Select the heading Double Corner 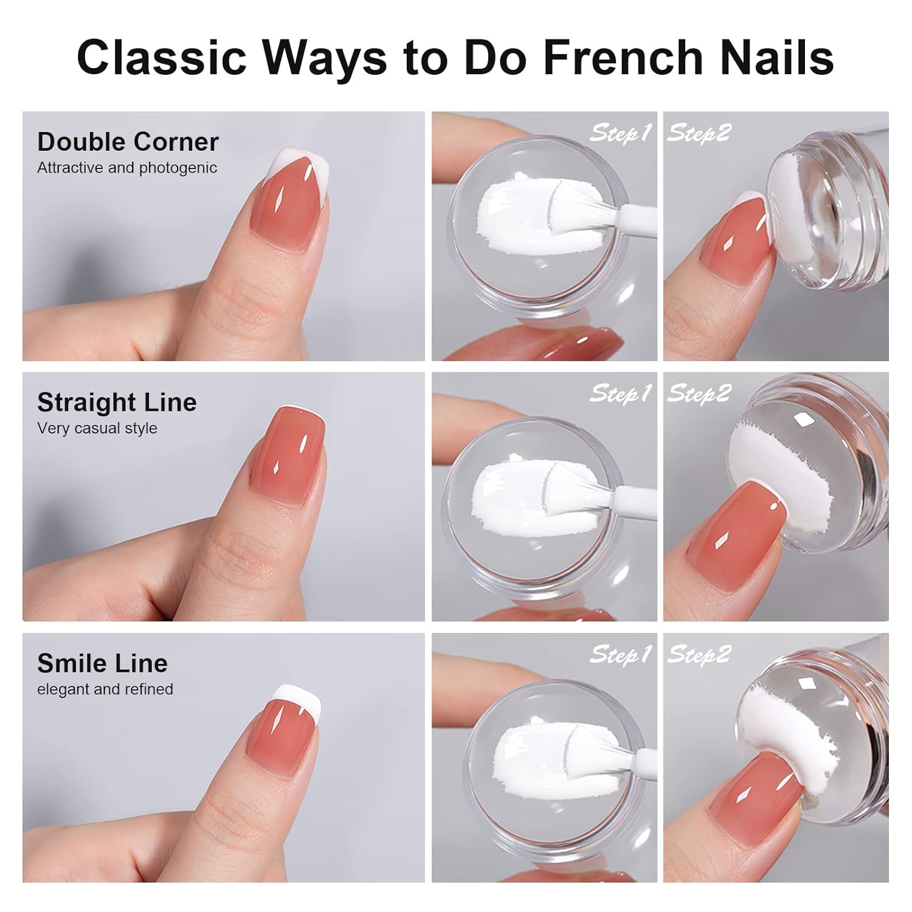[x=128, y=142]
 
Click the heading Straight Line [x=117, y=402]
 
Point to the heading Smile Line [x=102, y=663]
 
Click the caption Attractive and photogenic [x=127, y=168]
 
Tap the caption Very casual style [x=97, y=429]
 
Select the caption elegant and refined [x=105, y=689]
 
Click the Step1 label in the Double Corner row [x=620, y=133]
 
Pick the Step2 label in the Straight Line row [x=699, y=393]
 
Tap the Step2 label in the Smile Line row [x=699, y=654]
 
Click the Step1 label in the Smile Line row [x=620, y=654]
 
